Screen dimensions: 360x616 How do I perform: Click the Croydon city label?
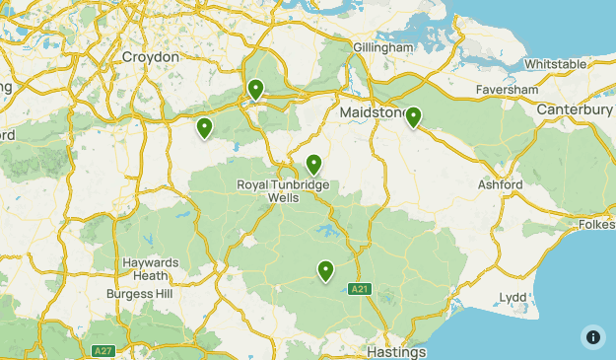[151, 57]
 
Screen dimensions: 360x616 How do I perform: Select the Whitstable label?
[556, 64]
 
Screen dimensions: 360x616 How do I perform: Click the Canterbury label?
[576, 109]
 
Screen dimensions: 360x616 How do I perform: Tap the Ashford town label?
[500, 184]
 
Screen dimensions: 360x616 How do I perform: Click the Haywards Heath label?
[151, 269]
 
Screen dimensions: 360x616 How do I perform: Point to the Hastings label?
[395, 352]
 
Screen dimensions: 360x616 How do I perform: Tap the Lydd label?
[513, 297]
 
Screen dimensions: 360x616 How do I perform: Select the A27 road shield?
[103, 350]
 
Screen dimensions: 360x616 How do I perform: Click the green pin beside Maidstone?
[413, 117]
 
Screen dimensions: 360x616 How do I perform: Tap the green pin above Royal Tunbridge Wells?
[313, 164]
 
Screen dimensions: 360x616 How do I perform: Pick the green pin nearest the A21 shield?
[324, 269]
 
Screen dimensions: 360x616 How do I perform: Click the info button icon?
[592, 336]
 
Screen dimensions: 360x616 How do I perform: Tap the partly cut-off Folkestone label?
[595, 225]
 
